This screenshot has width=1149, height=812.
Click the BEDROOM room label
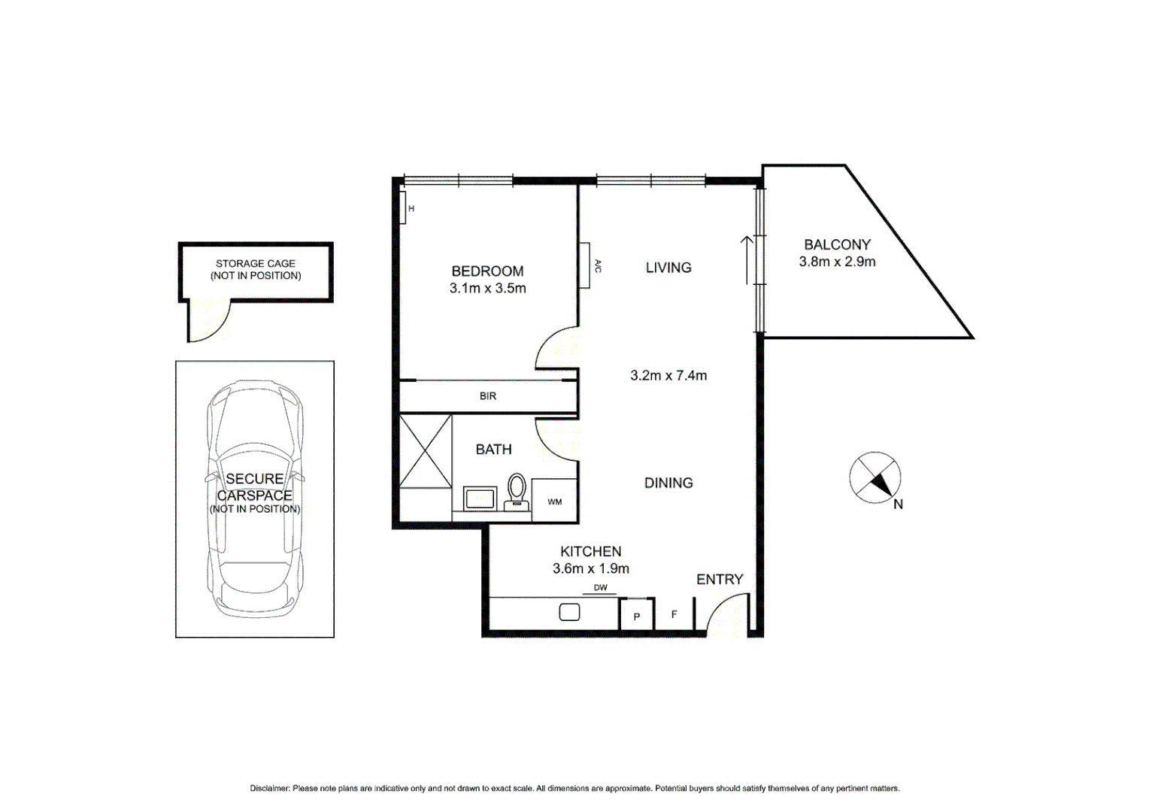[487, 271]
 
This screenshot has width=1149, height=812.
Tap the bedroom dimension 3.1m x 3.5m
[487, 288]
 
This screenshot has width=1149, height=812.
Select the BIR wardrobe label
[488, 396]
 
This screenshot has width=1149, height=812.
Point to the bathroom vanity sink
[480, 498]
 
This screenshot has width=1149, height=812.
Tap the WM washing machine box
[554, 501]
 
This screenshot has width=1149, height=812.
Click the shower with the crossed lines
[426, 451]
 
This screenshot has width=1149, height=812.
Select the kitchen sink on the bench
[569, 613]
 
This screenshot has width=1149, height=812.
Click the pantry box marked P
[636, 616]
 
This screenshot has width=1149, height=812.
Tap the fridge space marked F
[674, 614]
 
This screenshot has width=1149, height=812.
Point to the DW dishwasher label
[600, 588]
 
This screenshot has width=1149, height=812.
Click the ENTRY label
[719, 579]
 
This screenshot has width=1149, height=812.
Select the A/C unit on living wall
[584, 265]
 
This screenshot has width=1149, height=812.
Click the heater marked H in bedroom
[403, 208]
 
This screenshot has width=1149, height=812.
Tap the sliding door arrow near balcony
[747, 259]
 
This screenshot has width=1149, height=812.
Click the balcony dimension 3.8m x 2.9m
[837, 262]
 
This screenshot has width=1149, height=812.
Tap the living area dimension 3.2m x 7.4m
[668, 375]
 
